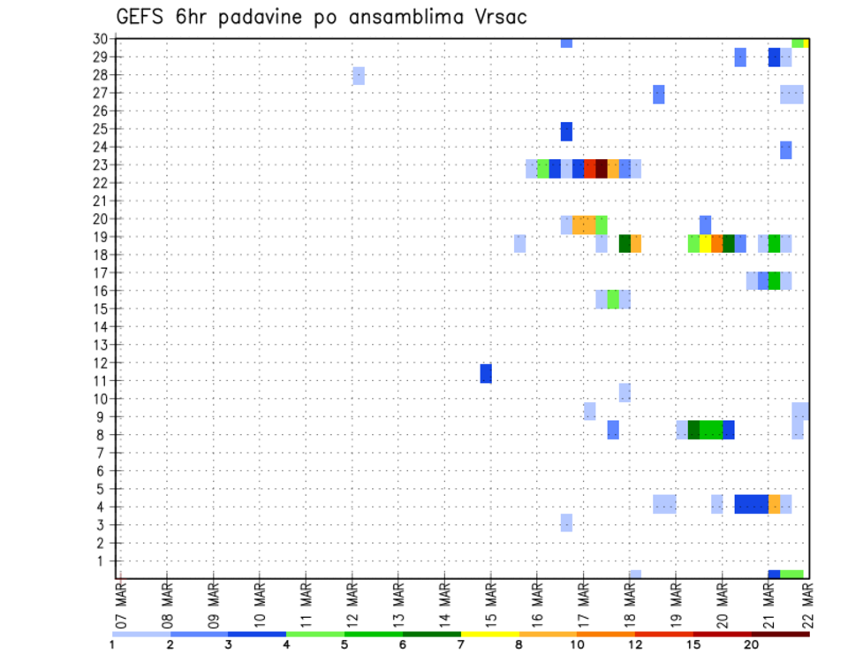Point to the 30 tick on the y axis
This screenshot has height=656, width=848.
click(101, 39)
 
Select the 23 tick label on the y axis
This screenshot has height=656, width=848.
click(101, 164)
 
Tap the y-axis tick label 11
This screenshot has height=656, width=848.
click(101, 381)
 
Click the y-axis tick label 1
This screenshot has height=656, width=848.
click(104, 561)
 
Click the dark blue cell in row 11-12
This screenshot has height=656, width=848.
click(486, 373)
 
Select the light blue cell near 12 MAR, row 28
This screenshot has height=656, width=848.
click(359, 75)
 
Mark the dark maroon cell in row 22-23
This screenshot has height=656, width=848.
click(602, 169)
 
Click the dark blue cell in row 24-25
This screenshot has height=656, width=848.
click(566, 131)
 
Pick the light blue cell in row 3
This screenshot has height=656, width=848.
click(566, 523)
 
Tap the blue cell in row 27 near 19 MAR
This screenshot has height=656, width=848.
click(659, 94)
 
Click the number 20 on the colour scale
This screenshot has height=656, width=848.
click(752, 645)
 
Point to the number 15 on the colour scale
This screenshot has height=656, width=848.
click(693, 645)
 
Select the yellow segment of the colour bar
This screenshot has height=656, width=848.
click(490, 634)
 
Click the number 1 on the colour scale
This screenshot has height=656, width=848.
click(112, 645)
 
